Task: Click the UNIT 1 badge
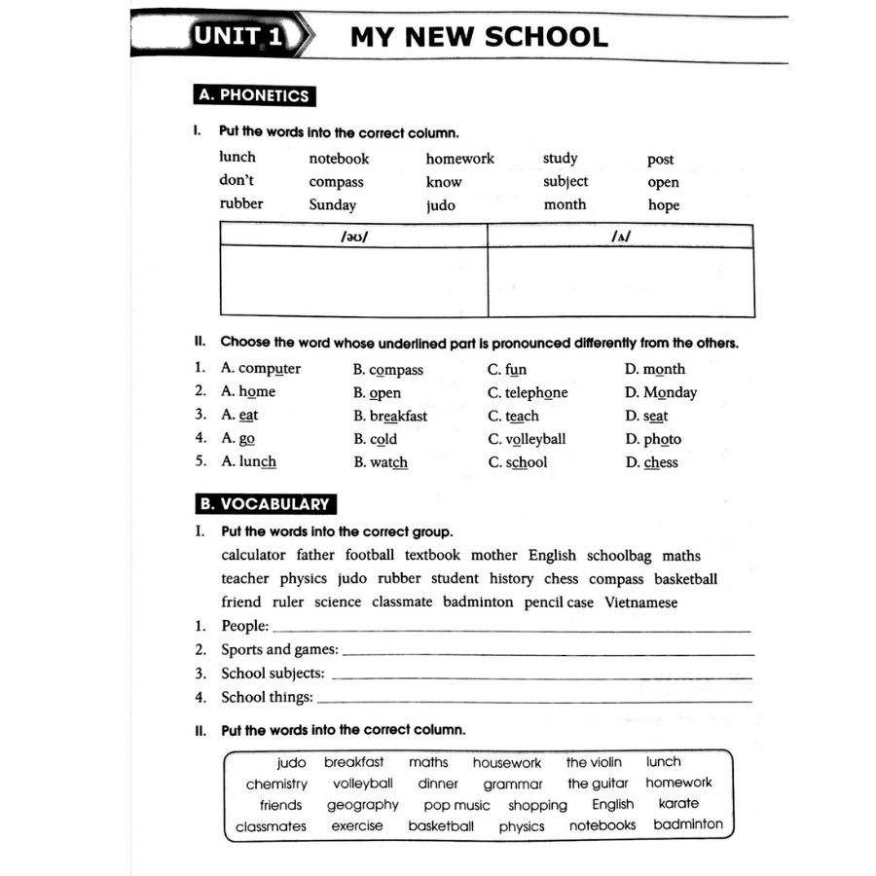point(237,38)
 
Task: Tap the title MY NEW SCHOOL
point(478,38)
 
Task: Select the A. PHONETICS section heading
point(253,95)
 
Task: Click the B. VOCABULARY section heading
point(265,504)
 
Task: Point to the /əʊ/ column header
point(353,236)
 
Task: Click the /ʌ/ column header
point(621,236)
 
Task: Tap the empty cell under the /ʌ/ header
point(621,281)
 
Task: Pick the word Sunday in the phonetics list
point(333,205)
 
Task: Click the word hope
point(664,205)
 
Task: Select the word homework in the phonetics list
point(459,159)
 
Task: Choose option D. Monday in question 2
point(661,392)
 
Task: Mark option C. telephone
point(528,392)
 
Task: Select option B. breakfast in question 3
point(390,416)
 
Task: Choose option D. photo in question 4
point(653,439)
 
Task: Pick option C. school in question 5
point(518,462)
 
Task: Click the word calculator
point(253,556)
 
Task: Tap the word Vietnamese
point(641,602)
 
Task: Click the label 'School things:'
point(267,697)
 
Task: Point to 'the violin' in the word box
point(594,762)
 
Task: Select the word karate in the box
point(678,804)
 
